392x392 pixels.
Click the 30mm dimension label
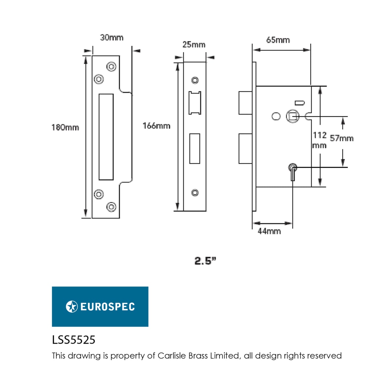point(112,38)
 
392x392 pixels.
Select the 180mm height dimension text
point(65,127)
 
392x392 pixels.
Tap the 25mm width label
point(194,45)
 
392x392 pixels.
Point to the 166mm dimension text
point(156,126)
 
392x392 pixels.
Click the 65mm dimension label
point(278,40)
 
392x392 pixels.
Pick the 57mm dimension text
point(342,139)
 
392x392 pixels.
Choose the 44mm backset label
point(269,231)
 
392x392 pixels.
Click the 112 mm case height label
point(319,140)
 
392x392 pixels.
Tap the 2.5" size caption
point(205,261)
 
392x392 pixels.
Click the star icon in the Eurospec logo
point(72,306)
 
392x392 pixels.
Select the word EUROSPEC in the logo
point(107,307)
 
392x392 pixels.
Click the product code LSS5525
point(74,340)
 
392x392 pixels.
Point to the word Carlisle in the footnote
point(172,355)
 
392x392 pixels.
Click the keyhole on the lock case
point(292,171)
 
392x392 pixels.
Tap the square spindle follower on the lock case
point(292,117)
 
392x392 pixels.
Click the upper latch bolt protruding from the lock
point(245,103)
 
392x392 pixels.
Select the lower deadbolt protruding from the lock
point(245,149)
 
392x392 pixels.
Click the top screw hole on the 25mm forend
point(195,80)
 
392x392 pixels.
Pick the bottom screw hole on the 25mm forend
point(195,193)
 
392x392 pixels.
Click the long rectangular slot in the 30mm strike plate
point(106,137)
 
